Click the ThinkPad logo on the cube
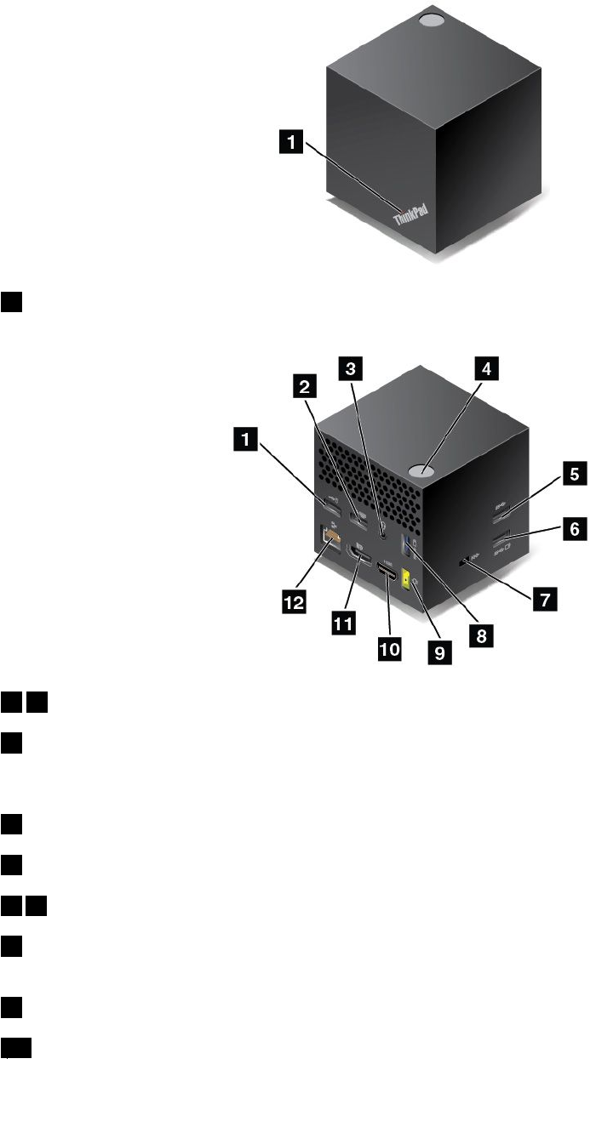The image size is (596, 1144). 413,219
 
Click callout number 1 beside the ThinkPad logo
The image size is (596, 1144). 293,145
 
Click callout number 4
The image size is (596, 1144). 485,369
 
